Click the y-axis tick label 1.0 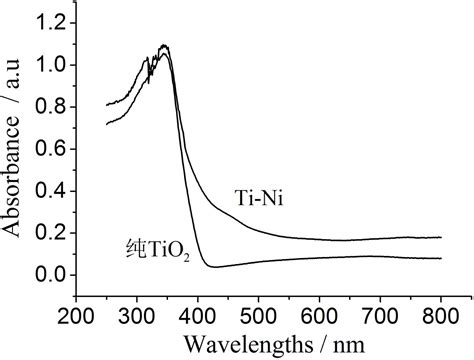pyautogui.click(x=51, y=65)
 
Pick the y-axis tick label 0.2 pyautogui.click(x=51, y=233)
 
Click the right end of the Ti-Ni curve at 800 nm pyautogui.click(x=441, y=237)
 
